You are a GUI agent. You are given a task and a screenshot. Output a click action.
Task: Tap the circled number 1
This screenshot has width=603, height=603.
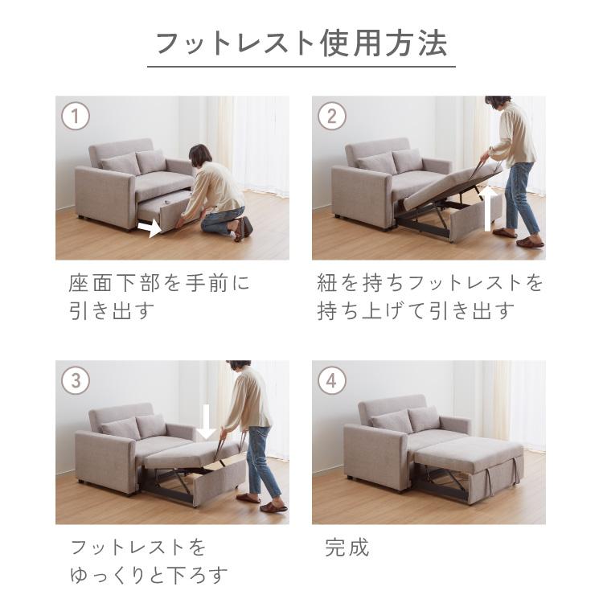point(75,117)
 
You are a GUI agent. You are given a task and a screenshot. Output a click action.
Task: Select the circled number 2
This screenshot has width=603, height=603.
point(331,117)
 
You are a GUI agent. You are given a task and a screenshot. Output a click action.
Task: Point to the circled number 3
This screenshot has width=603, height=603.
point(75,380)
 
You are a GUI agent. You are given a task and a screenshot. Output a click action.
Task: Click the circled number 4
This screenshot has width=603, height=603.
point(331,380)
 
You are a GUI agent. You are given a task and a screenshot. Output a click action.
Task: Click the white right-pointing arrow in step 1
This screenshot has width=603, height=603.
point(150,229)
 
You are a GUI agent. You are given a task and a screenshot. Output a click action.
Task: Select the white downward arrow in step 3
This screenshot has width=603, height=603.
point(207,421)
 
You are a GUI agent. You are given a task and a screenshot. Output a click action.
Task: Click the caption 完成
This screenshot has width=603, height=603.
point(347,548)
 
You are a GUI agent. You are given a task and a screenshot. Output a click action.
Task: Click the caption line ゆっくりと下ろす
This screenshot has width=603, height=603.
point(149,576)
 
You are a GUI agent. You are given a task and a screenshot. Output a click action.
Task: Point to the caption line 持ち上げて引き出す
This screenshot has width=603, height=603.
point(416,311)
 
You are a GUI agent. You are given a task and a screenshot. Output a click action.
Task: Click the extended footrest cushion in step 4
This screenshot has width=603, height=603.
point(470,453)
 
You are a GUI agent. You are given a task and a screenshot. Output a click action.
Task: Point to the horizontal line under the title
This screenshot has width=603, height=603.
point(301,66)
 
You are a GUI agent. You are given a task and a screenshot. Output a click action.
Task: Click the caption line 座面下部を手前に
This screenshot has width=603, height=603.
point(159,283)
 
